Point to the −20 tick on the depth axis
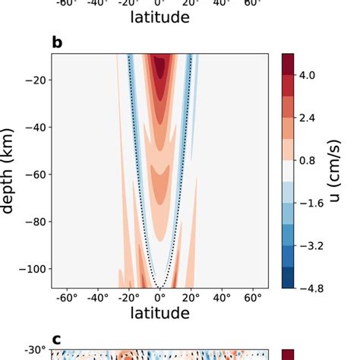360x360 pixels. click(35, 80)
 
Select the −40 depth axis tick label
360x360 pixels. click(35, 127)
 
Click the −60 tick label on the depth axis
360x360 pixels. click(35, 174)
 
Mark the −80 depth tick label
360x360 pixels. click(35, 222)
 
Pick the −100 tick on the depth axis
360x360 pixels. click(32, 269)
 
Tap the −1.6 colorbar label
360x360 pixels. click(311, 203)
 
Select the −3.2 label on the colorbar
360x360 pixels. click(311, 245)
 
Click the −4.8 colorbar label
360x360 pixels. click(311, 288)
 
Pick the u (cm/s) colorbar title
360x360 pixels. click(341, 171)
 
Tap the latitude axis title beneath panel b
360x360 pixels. click(159, 313)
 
